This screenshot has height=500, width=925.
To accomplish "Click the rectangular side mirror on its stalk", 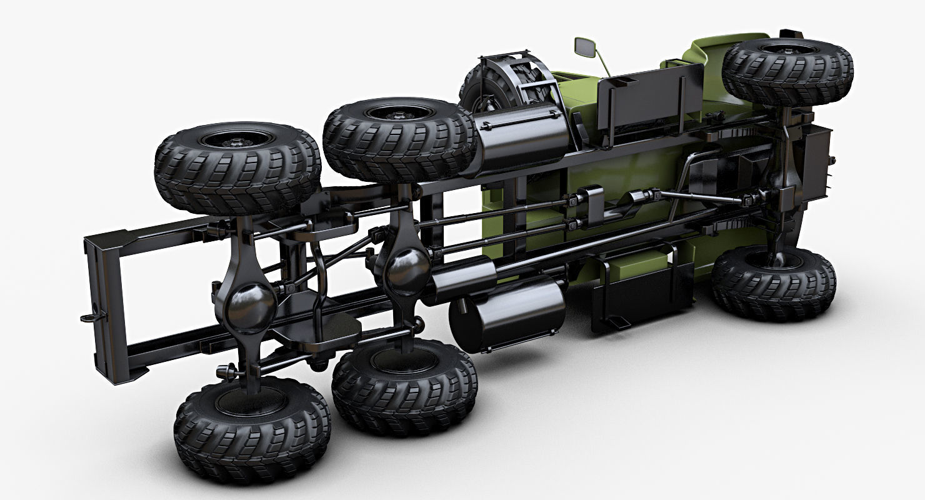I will pyautogui.click(x=586, y=46).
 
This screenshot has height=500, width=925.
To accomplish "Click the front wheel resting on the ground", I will pyautogui.click(x=774, y=282).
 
